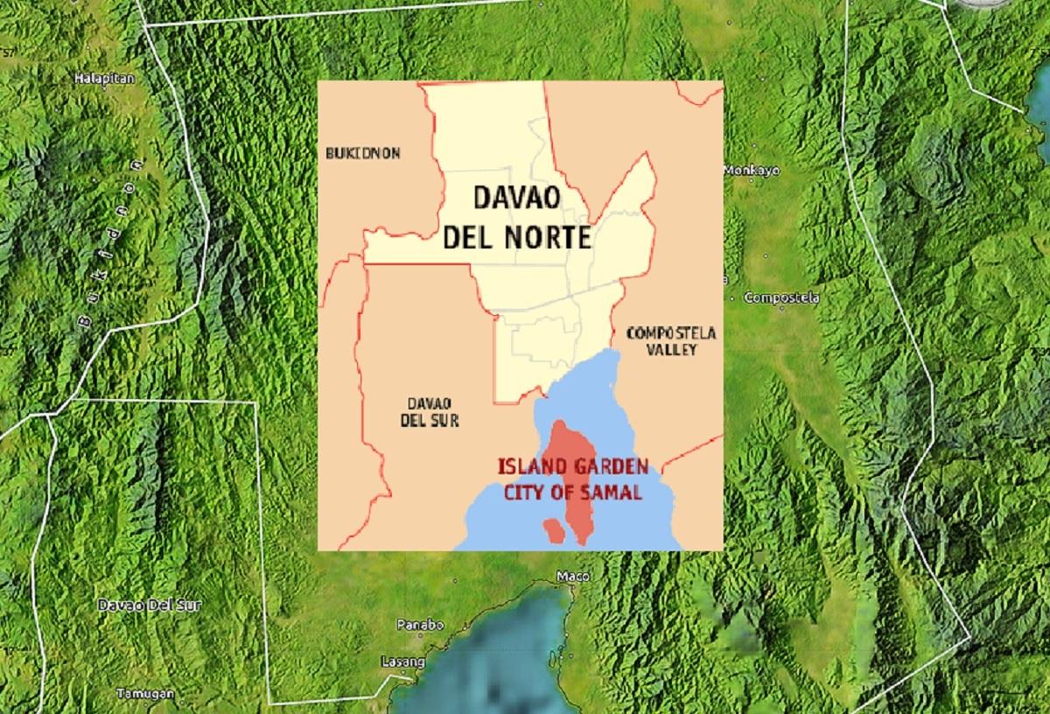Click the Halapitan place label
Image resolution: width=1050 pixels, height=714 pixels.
[104, 78]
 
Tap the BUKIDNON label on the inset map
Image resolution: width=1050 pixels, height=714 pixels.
[362, 153]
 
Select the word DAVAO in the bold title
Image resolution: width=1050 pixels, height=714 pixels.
[515, 199]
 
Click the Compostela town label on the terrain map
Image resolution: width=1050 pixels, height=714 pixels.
[781, 298]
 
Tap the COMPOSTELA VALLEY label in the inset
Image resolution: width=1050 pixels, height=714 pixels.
[671, 341]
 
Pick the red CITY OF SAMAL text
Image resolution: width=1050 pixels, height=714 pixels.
[572, 493]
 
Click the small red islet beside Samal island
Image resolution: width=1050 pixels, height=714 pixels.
[552, 529]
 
